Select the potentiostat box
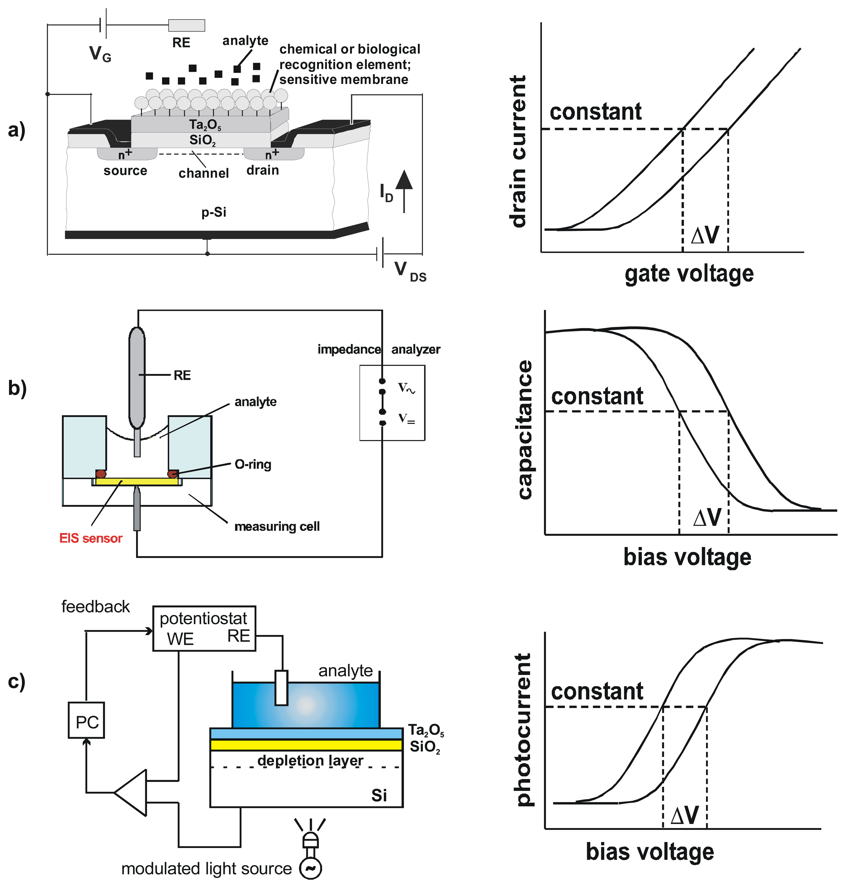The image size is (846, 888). (204, 628)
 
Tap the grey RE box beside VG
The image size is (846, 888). (186, 25)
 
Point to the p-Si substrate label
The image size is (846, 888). (214, 212)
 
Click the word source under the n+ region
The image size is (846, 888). (125, 171)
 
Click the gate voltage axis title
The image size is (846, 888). (689, 274)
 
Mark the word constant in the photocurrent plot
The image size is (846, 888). (597, 691)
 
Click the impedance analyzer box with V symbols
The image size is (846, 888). (392, 402)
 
